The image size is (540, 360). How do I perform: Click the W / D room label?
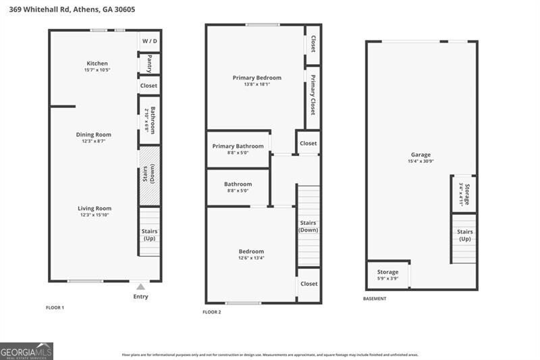coord(149,41)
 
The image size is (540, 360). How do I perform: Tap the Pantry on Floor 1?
coord(149,63)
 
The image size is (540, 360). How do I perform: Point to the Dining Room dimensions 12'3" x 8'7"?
coord(94,141)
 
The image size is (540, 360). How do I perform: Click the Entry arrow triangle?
coord(140,287)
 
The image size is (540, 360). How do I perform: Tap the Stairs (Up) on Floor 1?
coord(149,234)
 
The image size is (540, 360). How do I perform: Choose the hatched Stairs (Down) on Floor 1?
coord(149,176)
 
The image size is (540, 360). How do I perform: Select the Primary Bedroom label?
coord(256,78)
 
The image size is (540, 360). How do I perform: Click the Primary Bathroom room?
coord(238,149)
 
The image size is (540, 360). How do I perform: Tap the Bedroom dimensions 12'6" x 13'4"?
coord(251,257)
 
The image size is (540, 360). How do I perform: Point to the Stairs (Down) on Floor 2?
coord(308,226)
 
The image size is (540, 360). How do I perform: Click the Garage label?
coord(421,155)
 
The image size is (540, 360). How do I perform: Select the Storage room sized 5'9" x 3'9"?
coord(388,275)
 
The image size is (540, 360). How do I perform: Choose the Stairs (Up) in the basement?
coord(464,236)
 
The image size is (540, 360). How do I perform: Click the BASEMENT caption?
coord(375,299)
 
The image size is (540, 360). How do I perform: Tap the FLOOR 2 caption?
coord(212,311)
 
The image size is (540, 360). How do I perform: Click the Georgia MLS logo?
coord(26,351)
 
